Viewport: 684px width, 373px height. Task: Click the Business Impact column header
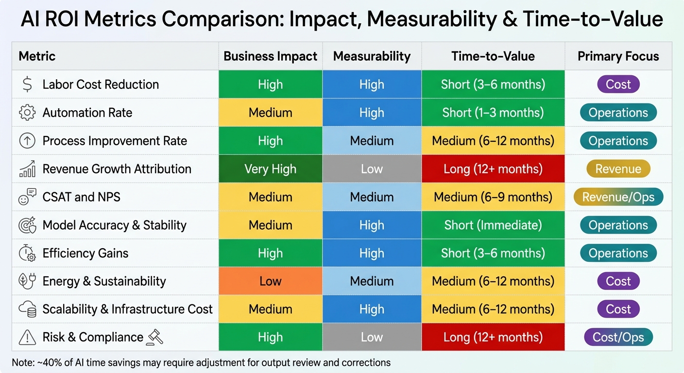tap(270, 56)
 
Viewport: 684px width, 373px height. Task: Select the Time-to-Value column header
tap(493, 56)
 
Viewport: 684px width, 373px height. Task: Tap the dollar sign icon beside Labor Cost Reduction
tap(27, 85)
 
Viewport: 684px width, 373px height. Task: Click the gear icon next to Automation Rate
tap(27, 113)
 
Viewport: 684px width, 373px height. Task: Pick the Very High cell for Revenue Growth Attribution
tap(270, 169)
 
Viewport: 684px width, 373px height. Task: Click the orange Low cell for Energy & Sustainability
tap(270, 281)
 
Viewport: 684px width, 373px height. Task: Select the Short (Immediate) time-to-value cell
tap(493, 225)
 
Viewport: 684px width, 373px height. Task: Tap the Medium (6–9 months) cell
tap(493, 197)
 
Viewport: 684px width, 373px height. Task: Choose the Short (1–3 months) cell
tap(493, 113)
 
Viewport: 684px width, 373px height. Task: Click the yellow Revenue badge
tap(618, 169)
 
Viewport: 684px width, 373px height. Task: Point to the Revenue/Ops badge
tap(618, 197)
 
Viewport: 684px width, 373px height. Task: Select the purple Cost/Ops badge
tap(618, 338)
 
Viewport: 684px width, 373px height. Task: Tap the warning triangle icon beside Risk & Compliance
tap(27, 337)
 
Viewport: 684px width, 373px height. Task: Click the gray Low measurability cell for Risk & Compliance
tap(372, 338)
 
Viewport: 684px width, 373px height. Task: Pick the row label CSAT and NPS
tap(81, 197)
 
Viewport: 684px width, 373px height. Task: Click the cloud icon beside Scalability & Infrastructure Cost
tap(27, 309)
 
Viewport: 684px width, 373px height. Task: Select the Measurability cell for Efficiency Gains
tap(372, 253)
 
